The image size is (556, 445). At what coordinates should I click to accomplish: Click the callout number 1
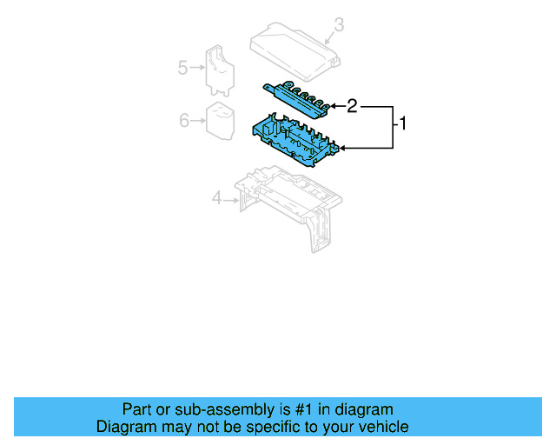tap(400, 124)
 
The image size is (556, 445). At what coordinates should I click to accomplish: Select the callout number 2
tap(352, 106)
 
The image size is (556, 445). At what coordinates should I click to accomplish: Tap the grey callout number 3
tap(339, 25)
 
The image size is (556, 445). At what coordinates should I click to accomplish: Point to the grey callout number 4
tap(217, 199)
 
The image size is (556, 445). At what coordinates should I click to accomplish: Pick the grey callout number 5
tap(183, 67)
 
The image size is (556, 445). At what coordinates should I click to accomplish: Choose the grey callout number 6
tap(184, 120)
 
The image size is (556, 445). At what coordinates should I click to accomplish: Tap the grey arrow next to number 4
tap(232, 200)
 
